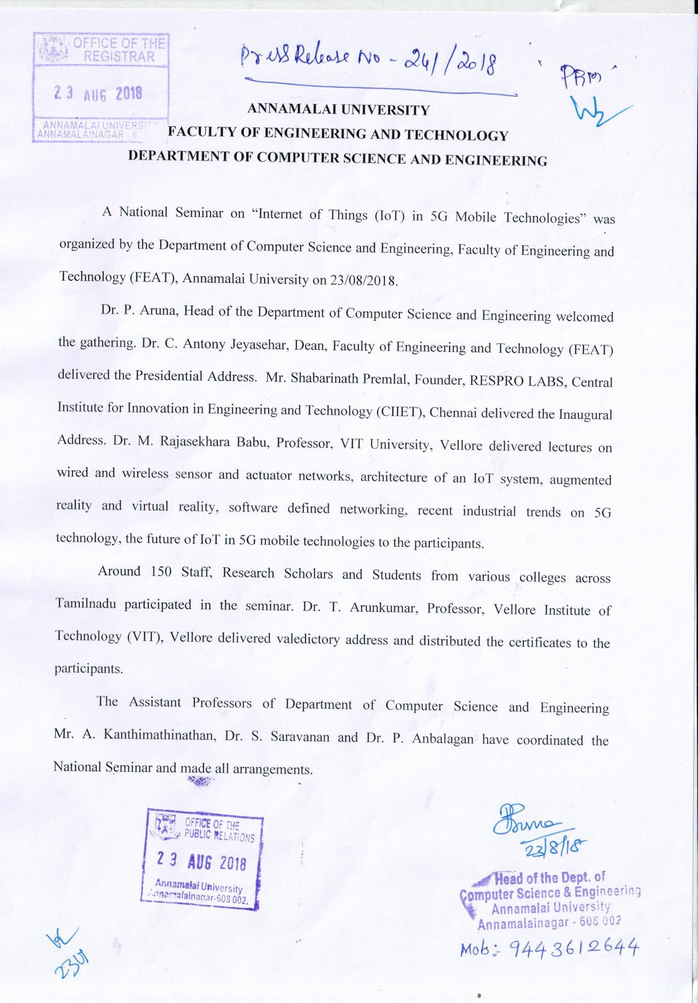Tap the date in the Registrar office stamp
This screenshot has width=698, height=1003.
[98, 93]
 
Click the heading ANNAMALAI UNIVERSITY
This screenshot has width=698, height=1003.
[338, 110]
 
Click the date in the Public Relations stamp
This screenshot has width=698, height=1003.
[202, 862]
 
